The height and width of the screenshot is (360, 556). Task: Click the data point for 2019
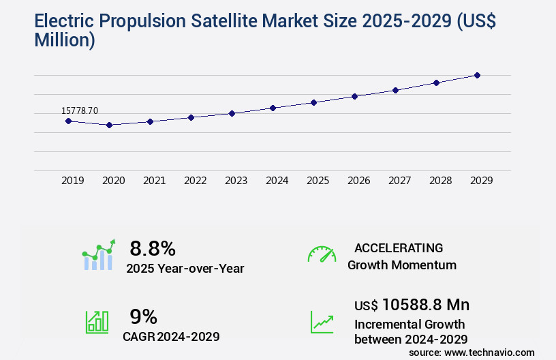[x=68, y=121]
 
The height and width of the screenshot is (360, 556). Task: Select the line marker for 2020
[x=109, y=125]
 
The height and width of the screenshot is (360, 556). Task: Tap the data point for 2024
[x=273, y=108]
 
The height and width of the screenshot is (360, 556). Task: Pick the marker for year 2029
[x=477, y=75]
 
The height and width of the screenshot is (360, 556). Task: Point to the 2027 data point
[x=395, y=90]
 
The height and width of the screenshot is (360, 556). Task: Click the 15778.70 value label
[x=80, y=110]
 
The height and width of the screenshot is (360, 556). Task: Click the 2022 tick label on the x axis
[x=195, y=181]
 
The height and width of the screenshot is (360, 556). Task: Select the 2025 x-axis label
[x=318, y=181]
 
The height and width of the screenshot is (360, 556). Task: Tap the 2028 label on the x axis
[x=440, y=181]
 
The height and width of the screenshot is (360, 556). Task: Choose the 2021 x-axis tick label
[x=154, y=181]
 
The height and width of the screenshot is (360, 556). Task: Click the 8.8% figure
[x=153, y=247]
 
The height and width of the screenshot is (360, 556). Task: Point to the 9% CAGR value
[x=143, y=316]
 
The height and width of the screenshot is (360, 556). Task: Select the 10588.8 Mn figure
[x=425, y=305]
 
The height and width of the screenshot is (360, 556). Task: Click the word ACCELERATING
[x=399, y=248]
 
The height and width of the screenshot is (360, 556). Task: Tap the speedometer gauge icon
[x=322, y=254]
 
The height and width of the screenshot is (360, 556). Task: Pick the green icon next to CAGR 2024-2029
[x=97, y=322]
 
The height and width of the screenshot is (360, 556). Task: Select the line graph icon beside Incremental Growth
[x=322, y=322]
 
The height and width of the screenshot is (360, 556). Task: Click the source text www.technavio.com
[x=490, y=352]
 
